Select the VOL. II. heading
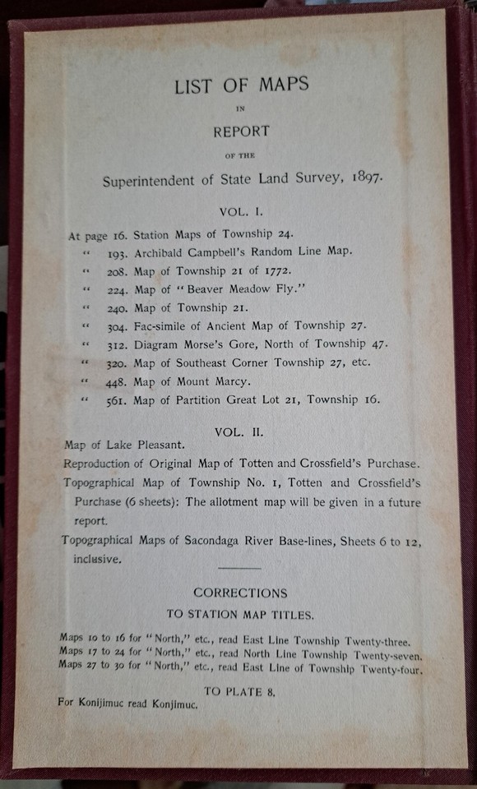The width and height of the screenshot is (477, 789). click(239, 430)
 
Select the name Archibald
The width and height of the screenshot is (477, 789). click(161, 251)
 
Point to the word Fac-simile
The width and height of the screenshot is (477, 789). click(164, 325)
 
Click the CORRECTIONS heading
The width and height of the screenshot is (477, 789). click(240, 593)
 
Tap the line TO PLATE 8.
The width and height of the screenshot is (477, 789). click(239, 691)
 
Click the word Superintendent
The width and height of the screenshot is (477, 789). click(155, 181)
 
